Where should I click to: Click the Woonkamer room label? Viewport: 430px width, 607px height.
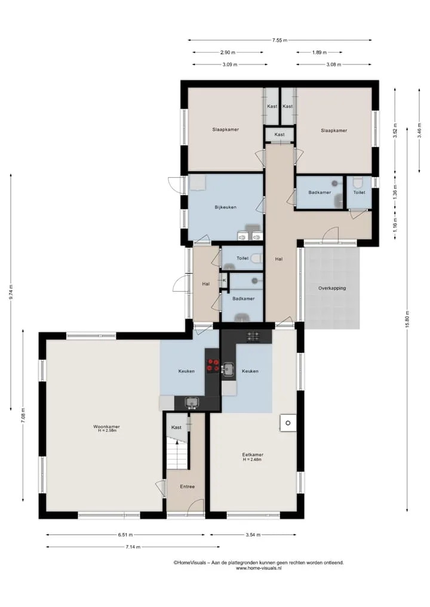[106, 427]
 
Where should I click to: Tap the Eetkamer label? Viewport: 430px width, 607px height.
[253, 455]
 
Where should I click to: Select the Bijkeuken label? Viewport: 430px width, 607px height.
[226, 207]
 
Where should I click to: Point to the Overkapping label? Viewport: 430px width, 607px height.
[332, 288]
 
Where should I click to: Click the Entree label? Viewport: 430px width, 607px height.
[187, 486]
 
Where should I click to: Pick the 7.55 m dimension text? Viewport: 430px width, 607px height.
[279, 40]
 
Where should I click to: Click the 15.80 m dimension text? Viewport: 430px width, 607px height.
[407, 319]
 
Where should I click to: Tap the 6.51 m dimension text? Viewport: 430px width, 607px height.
[125, 535]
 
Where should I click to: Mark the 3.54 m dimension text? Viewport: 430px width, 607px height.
[253, 535]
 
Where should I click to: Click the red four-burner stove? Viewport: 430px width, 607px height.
[212, 365]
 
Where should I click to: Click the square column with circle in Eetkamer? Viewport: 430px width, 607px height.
[288, 423]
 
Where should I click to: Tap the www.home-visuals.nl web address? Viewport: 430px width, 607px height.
[259, 568]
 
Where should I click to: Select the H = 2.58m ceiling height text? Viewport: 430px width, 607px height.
[106, 430]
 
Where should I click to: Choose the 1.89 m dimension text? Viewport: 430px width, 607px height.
[319, 53]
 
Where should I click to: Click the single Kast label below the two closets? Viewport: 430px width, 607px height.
[279, 134]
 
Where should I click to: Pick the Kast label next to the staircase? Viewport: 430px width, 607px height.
[176, 427]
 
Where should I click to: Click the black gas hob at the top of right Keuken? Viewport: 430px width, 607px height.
[253, 336]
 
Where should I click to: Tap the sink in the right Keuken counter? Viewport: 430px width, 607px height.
[228, 369]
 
